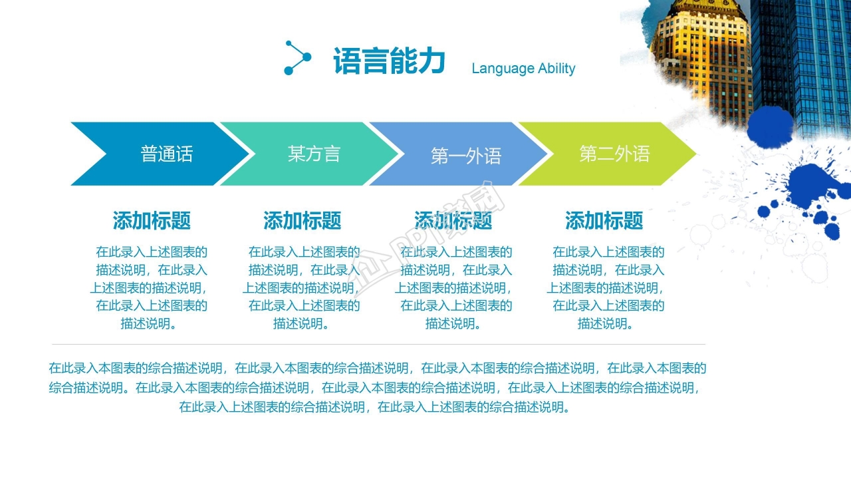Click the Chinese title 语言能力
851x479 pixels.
pos(388,62)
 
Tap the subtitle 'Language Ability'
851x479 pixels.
pos(523,69)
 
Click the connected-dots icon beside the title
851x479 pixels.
pos(297,58)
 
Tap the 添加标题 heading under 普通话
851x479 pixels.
pos(152,220)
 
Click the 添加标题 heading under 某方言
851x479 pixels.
pos(303,220)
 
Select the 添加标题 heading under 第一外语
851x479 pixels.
pos(453,220)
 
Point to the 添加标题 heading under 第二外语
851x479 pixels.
pos(604,220)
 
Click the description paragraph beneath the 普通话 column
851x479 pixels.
pos(150,288)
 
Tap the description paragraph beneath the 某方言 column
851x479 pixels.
pos(303,288)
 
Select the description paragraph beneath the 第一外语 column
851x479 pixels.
pos(455,288)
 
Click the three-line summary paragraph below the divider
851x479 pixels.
pos(376,388)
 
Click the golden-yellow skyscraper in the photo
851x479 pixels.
pos(698,53)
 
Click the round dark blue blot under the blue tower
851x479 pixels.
pos(771,126)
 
